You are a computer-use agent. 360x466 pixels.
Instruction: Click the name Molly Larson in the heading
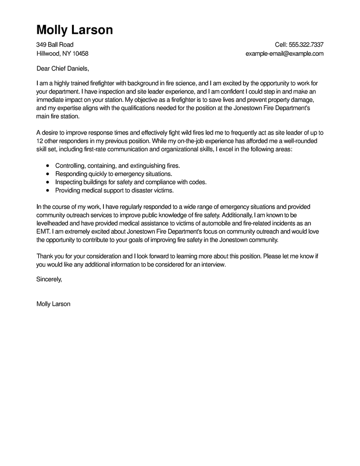74,30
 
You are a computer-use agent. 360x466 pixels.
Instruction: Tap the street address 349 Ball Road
55,45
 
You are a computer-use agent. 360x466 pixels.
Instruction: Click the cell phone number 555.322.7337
306,45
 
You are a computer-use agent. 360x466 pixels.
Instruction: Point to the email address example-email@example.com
284,54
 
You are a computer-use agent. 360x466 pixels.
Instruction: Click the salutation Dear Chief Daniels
63,69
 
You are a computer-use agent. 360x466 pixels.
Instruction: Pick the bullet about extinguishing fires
117,166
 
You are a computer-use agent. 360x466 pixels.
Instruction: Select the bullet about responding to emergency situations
113,174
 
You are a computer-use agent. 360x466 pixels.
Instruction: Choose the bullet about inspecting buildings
130,182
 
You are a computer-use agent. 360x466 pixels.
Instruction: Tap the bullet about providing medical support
114,190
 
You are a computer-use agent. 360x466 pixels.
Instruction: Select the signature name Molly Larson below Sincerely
53,304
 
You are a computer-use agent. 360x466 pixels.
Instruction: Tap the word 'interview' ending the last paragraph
212,264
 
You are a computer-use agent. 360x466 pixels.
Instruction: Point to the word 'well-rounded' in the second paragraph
304,140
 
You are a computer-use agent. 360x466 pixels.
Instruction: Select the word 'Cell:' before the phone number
281,45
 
